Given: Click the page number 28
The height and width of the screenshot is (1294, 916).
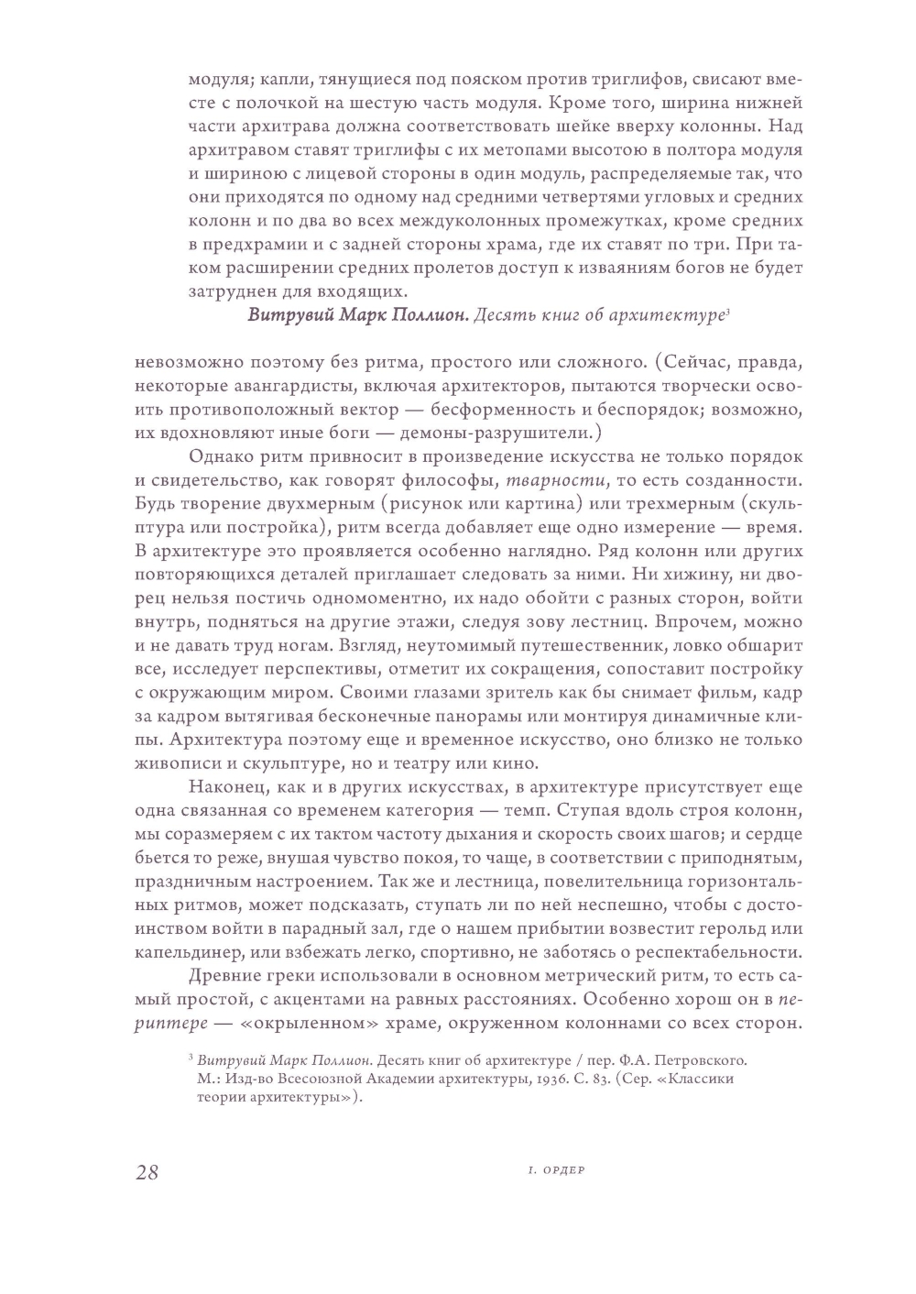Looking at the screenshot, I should (147, 1172).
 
